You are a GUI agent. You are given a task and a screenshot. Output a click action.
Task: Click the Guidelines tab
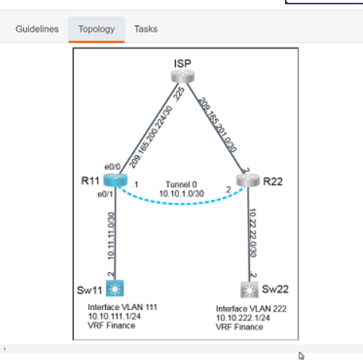pos(37,29)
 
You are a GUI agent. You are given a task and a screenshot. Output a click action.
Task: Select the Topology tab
pos(97,30)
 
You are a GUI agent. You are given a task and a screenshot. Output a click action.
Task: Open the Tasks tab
pos(146,29)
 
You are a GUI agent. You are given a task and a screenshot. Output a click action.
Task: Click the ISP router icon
pos(183,76)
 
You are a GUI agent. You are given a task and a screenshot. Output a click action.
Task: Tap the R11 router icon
pos(115,180)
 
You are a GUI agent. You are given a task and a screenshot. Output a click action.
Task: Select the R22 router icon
pos(248,180)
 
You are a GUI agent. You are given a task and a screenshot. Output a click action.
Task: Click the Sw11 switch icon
pos(115,288)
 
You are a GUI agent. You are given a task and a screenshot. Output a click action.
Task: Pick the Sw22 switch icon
pos(249,290)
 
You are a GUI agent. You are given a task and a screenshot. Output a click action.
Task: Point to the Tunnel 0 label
pos(181,185)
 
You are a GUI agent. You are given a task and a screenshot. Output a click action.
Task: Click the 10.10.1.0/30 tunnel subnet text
pos(181,194)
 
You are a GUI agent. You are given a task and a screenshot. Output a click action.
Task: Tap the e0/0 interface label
pos(112,167)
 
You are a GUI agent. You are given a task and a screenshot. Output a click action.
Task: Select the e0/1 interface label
pos(105,194)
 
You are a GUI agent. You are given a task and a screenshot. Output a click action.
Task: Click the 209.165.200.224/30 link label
pos(150,137)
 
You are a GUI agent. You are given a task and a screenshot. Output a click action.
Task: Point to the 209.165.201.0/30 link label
pos(217,125)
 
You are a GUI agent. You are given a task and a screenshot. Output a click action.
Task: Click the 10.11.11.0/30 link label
pos(111,236)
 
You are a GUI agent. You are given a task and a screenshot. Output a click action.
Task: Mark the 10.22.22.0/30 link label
pos(252,233)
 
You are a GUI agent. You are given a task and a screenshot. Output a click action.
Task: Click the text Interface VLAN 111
pos(122,307)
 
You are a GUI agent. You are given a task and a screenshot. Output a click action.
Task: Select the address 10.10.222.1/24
pos(243,318)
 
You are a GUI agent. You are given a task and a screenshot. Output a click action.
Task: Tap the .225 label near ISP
pos(179,94)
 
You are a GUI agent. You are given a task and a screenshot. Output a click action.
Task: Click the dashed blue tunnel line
pos(181,204)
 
